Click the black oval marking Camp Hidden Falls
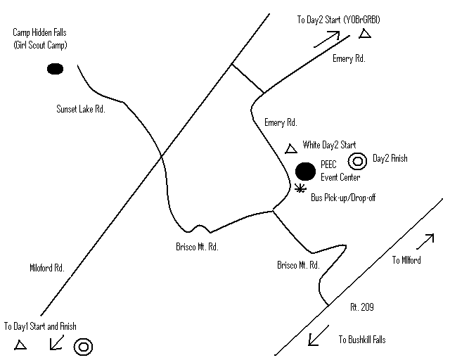(54, 69)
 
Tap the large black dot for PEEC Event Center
(305, 171)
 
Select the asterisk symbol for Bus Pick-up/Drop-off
(301, 188)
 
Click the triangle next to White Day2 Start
(290, 148)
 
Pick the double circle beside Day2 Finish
(357, 161)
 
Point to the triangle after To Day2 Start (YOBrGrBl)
(364, 34)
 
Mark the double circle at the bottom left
(83, 346)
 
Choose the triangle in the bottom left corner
(20, 345)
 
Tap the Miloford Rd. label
(47, 268)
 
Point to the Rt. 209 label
(361, 307)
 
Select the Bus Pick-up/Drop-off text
(343, 198)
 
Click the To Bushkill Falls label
(362, 340)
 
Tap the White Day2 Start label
(330, 145)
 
